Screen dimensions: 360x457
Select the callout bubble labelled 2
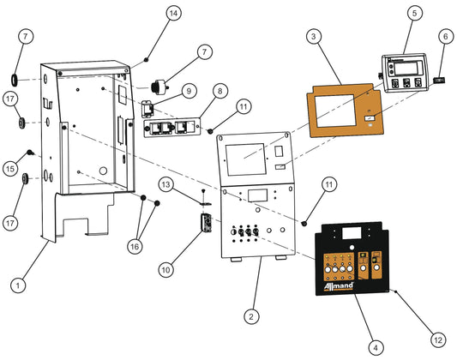click(250, 316)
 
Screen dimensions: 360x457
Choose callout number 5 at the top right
click(414, 14)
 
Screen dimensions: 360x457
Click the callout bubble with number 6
click(445, 37)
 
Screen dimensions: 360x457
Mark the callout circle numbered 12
click(438, 339)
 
